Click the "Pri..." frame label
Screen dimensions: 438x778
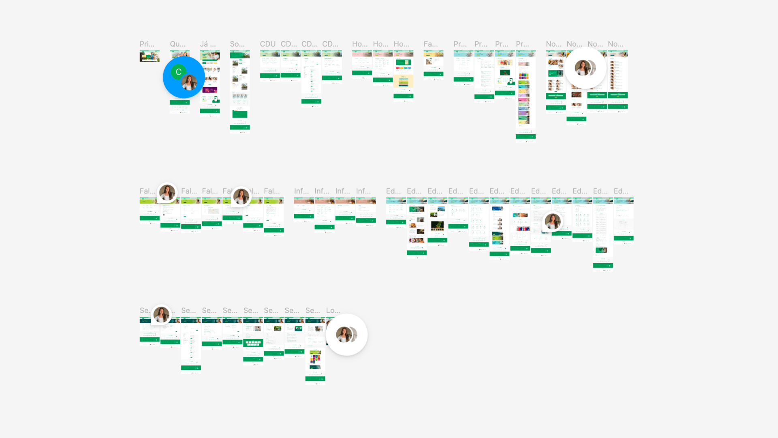[147, 44]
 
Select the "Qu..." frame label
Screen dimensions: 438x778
[177, 44]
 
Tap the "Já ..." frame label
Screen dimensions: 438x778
[207, 44]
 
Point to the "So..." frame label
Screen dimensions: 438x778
[237, 44]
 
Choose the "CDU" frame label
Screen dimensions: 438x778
[267, 44]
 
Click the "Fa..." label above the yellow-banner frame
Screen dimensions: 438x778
[430, 44]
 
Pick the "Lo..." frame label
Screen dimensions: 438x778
[333, 310]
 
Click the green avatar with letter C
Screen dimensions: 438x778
[178, 72]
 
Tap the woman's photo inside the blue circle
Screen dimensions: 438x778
[189, 82]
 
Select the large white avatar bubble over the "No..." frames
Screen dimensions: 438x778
[585, 68]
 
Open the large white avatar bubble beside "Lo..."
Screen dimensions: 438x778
[346, 335]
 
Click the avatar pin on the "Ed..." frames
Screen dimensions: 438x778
[553, 221]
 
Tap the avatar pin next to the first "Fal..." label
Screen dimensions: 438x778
[167, 193]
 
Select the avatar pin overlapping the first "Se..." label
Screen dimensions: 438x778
[161, 314]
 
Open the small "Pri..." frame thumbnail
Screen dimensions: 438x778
[150, 56]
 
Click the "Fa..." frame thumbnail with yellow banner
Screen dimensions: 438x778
[433, 63]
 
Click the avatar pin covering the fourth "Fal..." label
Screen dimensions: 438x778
[241, 196]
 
